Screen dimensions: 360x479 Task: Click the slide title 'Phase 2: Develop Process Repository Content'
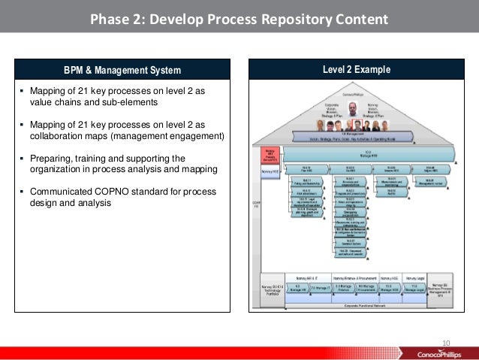[239, 18]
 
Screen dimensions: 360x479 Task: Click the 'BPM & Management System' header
[122, 71]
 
